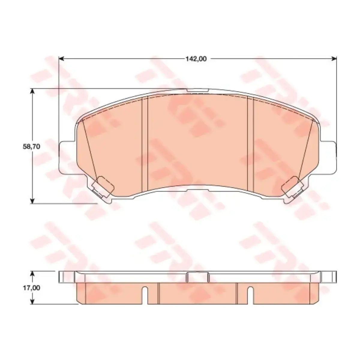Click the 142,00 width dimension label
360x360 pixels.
pos(196,59)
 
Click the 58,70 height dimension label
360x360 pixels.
pos(31,147)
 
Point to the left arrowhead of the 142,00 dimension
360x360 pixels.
pos(61,59)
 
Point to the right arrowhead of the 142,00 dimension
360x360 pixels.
pos(334,59)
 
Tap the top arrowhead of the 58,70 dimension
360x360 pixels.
pos(32,91)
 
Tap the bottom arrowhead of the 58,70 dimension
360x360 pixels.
pos(32,200)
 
